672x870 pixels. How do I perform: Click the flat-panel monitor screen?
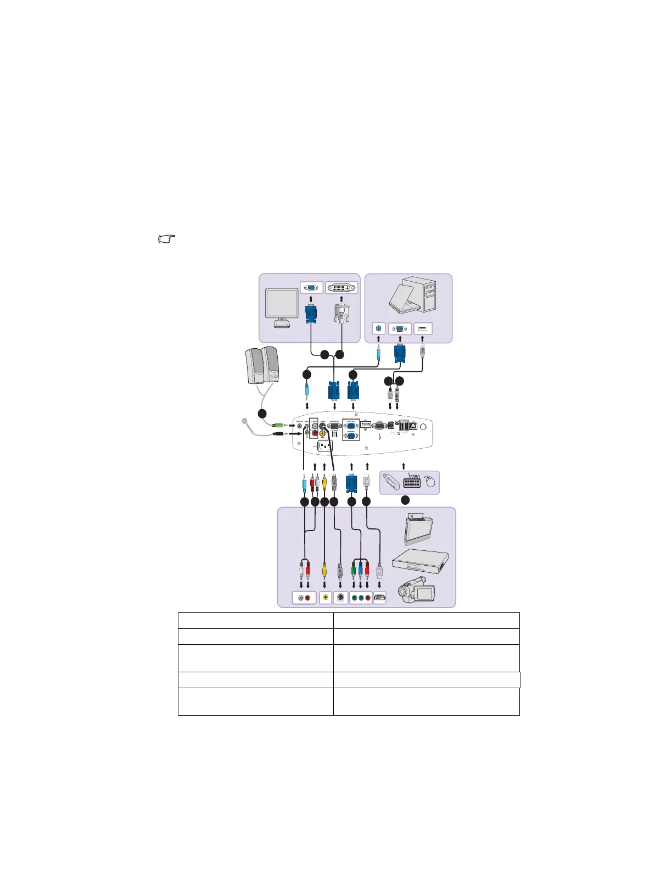click(x=282, y=303)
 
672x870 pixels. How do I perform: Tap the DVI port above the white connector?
click(x=341, y=288)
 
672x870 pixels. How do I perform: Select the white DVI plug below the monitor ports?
click(x=342, y=314)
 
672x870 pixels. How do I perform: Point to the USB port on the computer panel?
click(x=423, y=329)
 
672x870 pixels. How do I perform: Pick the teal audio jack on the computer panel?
click(x=378, y=329)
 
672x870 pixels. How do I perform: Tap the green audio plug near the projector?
click(x=279, y=425)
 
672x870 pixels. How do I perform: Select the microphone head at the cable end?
click(x=245, y=421)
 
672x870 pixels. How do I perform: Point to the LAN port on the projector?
click(x=413, y=426)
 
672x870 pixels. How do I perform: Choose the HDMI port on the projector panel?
click(x=366, y=425)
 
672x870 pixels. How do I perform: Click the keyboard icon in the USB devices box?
click(x=412, y=482)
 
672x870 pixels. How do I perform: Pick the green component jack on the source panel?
click(x=354, y=598)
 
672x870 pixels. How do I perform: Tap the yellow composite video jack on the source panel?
click(x=326, y=598)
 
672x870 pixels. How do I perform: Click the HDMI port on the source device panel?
click(x=379, y=598)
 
